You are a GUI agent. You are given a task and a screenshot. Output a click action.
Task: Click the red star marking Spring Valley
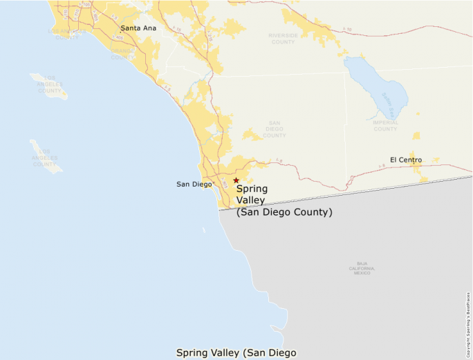(236, 180)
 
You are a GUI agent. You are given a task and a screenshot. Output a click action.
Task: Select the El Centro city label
(406, 160)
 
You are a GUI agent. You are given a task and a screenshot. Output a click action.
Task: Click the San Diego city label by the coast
(194, 184)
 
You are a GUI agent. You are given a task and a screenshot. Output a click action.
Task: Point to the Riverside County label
(283, 38)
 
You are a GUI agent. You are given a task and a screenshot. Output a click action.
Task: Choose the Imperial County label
(385, 126)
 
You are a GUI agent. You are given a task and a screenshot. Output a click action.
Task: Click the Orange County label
(122, 54)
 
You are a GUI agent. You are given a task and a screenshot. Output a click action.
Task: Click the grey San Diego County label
(275, 129)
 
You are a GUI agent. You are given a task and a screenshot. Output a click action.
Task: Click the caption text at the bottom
(236, 352)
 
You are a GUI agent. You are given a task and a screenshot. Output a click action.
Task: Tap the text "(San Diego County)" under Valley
(284, 212)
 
